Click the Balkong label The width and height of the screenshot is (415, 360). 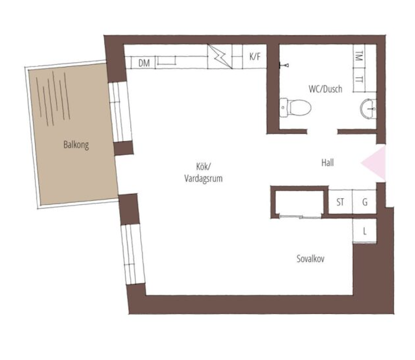pos(76,145)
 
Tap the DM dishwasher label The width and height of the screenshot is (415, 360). pos(144,63)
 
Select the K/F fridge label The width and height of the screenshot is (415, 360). pos(255,56)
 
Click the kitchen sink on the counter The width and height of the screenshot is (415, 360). pos(166,60)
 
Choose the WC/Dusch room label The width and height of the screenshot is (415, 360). pos(325,89)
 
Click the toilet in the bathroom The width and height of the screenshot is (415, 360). pos(295,108)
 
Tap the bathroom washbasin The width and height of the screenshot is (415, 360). pos(368,108)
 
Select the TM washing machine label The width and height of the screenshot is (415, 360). pos(359,56)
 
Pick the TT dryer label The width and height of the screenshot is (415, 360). pos(359,79)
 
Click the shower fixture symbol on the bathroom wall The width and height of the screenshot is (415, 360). pos(284,65)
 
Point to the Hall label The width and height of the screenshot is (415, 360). pos(327,162)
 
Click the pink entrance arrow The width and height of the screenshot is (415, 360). pos(374,162)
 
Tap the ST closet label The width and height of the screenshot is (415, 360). pos(340,202)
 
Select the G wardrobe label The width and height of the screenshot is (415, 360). pos(365,202)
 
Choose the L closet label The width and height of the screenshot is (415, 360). pos(365,231)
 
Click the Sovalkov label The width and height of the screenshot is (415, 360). pos(311,258)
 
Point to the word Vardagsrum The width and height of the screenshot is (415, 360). pos(203,179)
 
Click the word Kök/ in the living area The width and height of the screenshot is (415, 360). pos(203,166)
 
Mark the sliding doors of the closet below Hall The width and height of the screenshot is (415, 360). pos(300,217)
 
